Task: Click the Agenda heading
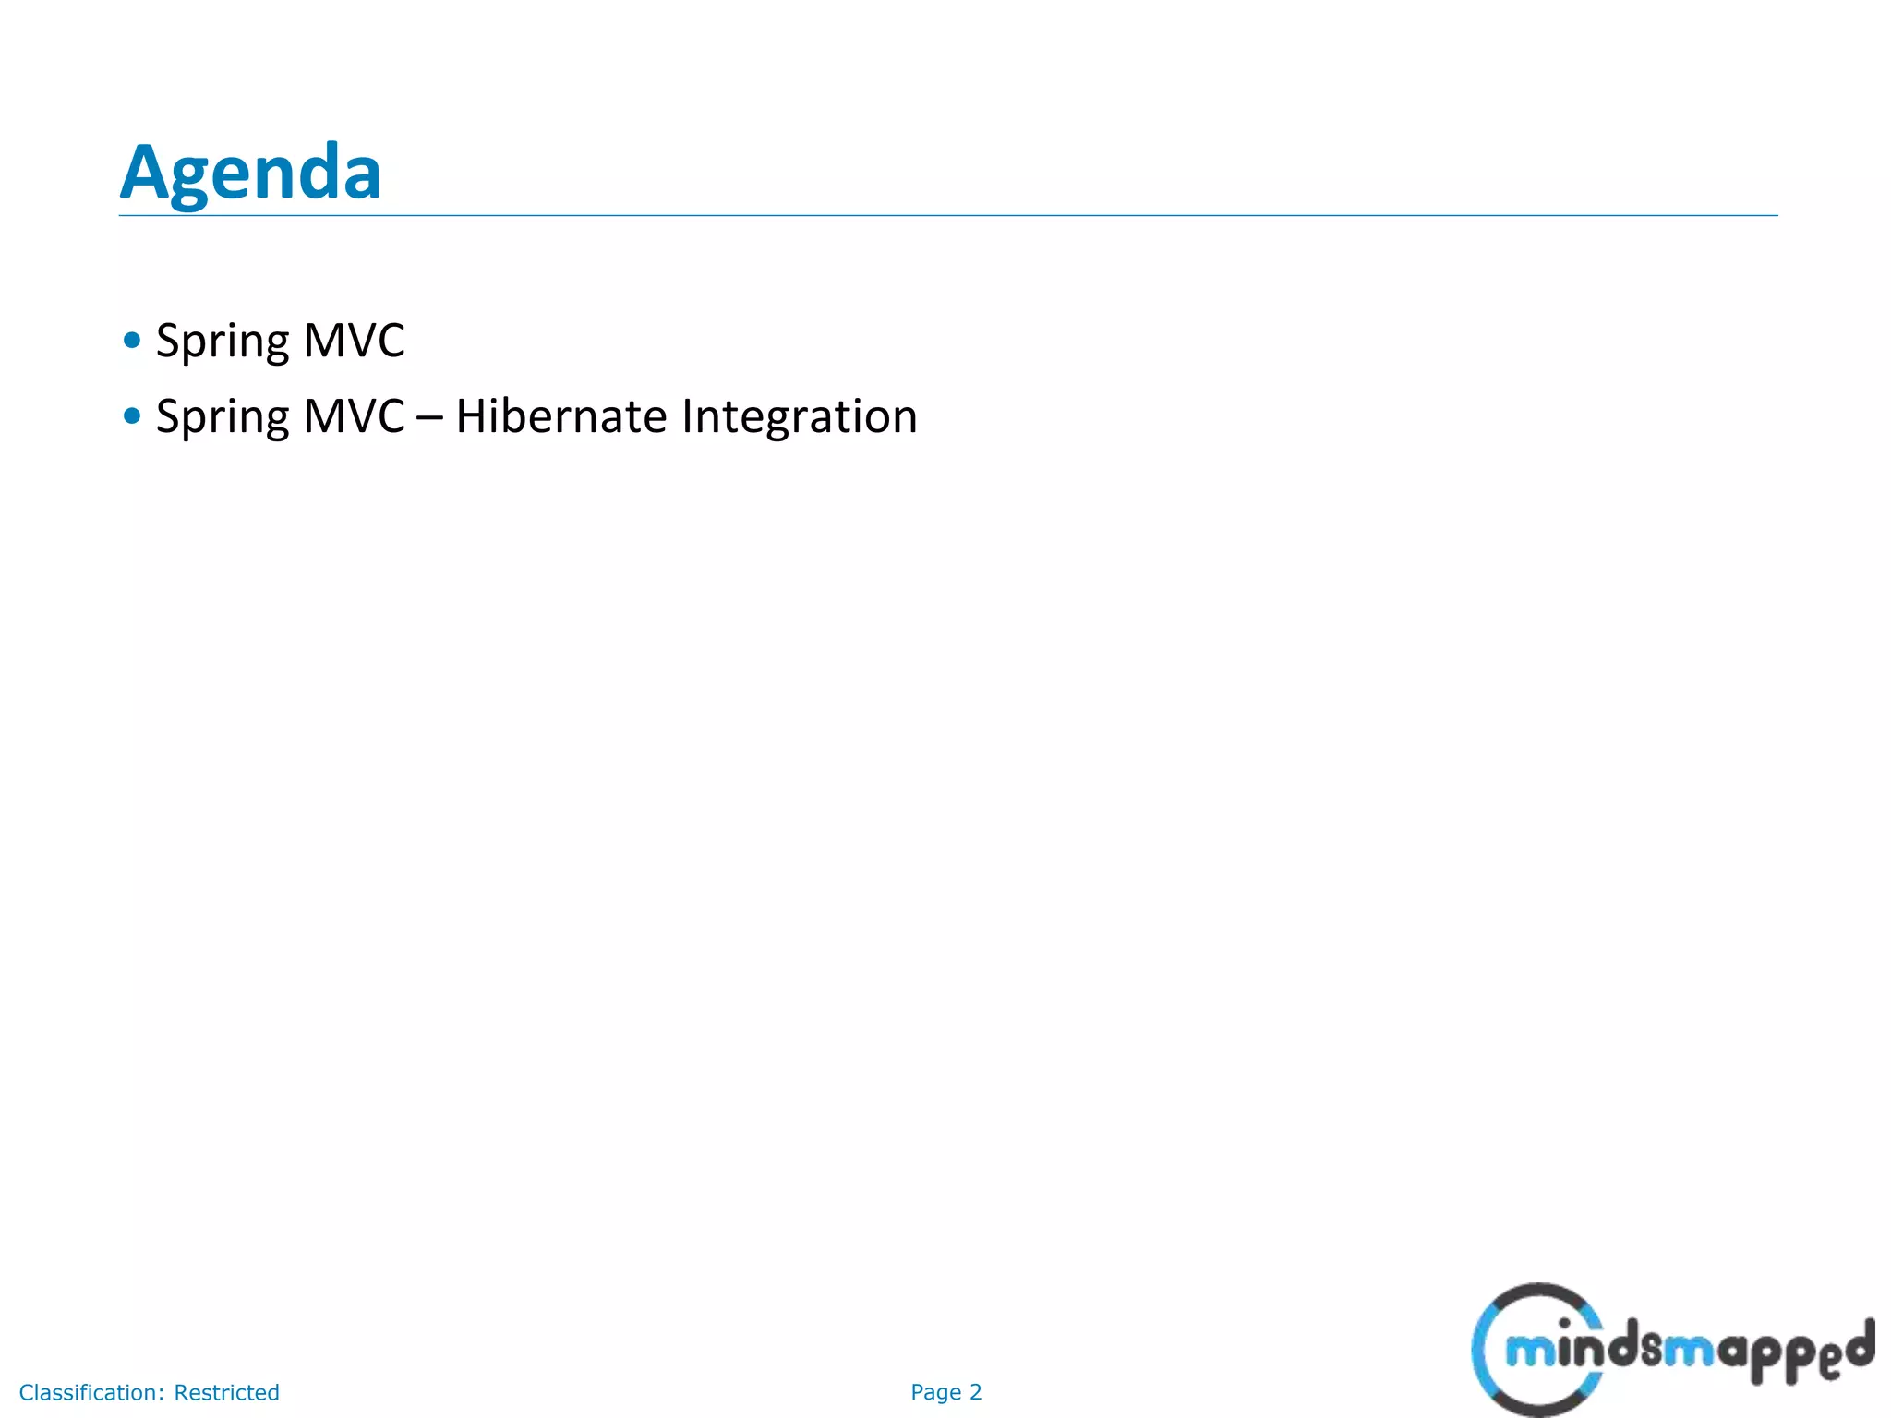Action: (250, 173)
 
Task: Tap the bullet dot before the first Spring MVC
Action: (132, 341)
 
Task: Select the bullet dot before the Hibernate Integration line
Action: (132, 416)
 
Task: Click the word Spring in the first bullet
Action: (223, 342)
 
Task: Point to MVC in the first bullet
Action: (354, 341)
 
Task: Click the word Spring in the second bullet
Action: (223, 417)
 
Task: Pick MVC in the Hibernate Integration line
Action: (354, 416)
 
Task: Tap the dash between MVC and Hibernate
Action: (429, 418)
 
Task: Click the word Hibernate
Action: (561, 416)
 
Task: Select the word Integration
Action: (800, 417)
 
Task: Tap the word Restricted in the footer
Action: (226, 1392)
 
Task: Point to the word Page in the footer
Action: (935, 1393)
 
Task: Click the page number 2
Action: (976, 1392)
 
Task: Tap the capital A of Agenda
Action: (144, 173)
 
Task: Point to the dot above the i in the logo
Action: (1564, 1323)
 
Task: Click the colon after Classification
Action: (161, 1393)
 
